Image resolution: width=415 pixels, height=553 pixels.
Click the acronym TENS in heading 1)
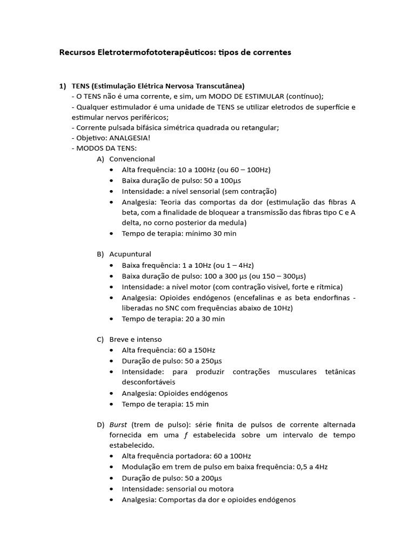[81, 86]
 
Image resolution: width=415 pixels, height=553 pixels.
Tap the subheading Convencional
[132, 159]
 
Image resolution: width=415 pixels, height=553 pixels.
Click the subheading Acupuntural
[130, 254]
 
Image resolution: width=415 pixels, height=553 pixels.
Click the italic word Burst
[118, 424]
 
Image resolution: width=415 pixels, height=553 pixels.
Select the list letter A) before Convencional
[100, 159]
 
